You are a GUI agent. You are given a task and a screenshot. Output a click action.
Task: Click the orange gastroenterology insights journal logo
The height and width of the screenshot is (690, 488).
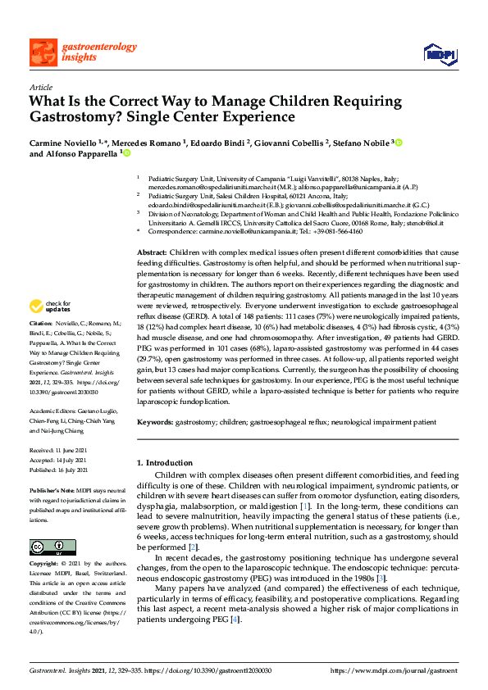tap(73, 52)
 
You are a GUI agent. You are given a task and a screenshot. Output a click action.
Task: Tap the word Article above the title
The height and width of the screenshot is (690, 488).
tap(41, 87)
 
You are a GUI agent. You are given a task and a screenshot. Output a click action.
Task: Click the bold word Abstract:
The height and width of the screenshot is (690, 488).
tap(153, 252)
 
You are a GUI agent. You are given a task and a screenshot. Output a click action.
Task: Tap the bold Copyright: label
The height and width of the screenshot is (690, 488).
tap(45, 565)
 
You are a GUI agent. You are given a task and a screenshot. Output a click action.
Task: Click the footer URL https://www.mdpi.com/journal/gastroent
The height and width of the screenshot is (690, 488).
tap(395, 671)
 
